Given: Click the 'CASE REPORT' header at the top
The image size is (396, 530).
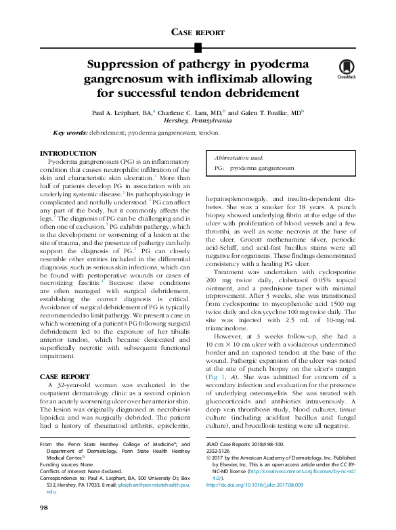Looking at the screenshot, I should point(198,32).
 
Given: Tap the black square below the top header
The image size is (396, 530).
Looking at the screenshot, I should point(198,47).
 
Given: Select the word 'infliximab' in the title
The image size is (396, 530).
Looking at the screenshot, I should point(226,80).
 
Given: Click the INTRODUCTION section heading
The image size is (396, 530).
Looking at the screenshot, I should point(68,154).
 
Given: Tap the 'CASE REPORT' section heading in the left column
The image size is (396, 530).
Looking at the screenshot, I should point(65,376).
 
